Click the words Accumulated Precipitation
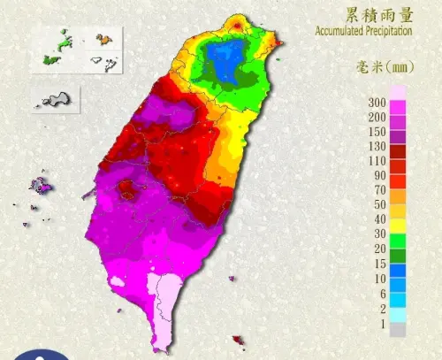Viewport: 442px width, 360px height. coord(363,31)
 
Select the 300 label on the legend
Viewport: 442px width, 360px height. coord(377,103)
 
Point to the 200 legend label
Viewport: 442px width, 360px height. coord(377,117)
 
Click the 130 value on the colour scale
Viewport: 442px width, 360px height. coord(377,146)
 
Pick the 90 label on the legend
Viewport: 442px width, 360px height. coord(380,175)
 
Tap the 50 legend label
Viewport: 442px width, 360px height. coord(380,204)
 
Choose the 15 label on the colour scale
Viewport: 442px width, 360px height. coord(380,263)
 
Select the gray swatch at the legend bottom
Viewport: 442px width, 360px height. coord(398,330)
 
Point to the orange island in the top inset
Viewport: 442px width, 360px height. coord(103,39)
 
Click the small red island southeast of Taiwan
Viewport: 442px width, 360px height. coord(237,339)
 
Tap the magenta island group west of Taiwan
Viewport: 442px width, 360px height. coord(41,186)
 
